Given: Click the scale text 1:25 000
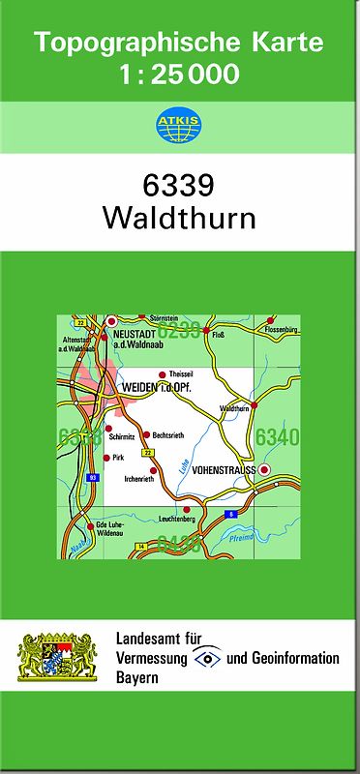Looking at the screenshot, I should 179,73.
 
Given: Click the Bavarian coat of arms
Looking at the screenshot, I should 58,658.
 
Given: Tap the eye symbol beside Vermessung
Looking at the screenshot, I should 207,658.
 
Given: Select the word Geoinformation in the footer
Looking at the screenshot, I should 292,658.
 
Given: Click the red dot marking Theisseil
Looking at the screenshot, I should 162,373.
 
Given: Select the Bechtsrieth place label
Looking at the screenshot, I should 168,435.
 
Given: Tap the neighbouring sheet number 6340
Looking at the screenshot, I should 278,438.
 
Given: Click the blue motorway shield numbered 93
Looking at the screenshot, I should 93,477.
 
